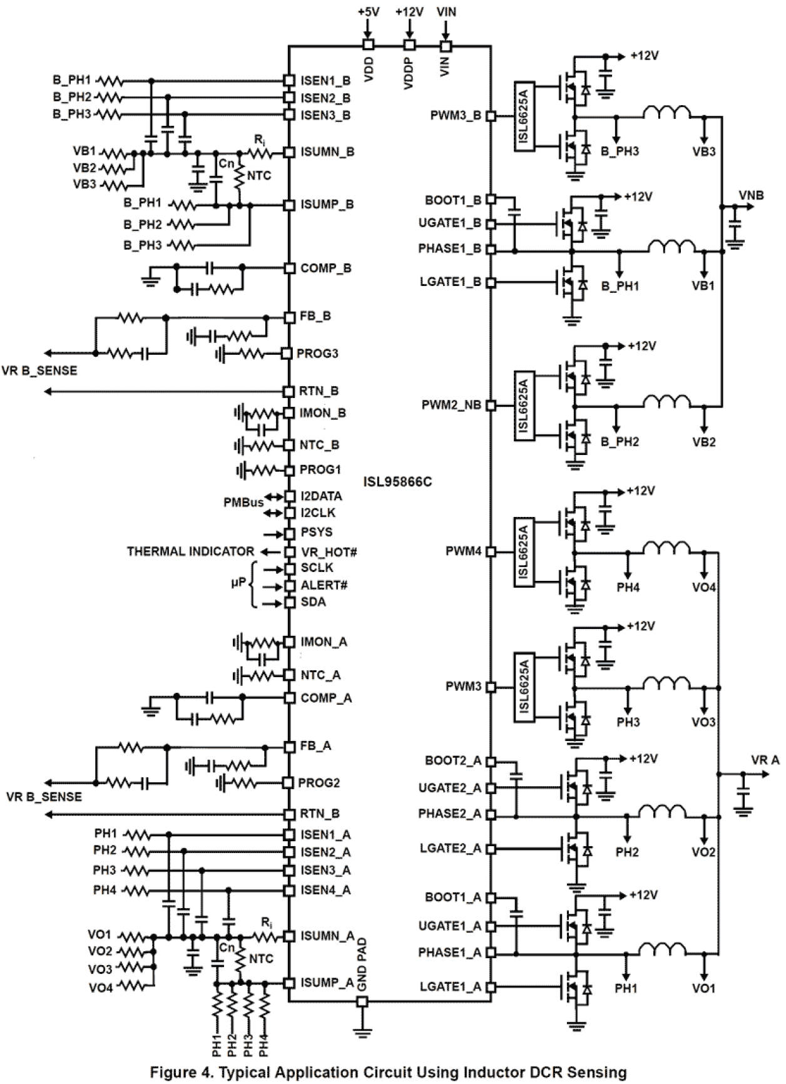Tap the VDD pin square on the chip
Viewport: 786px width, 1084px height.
(x=369, y=45)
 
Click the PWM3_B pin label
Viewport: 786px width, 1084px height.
(x=456, y=116)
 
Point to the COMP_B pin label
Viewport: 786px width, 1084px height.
(x=326, y=268)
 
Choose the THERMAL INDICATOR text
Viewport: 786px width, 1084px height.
(x=190, y=551)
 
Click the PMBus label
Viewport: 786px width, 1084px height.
(x=243, y=502)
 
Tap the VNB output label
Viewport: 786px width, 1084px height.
(x=751, y=195)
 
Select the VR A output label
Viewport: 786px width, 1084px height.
(x=765, y=760)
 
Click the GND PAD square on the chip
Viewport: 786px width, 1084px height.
(x=362, y=1001)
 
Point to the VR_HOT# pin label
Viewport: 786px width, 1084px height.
(x=329, y=552)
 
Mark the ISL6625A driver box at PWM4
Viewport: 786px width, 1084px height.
(x=524, y=551)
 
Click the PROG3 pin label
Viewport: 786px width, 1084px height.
(x=317, y=354)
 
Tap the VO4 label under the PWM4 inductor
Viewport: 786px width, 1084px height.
(x=704, y=588)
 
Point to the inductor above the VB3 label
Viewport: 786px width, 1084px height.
(x=668, y=113)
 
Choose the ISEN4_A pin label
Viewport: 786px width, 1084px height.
(x=325, y=890)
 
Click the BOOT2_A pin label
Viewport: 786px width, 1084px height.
(x=453, y=761)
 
